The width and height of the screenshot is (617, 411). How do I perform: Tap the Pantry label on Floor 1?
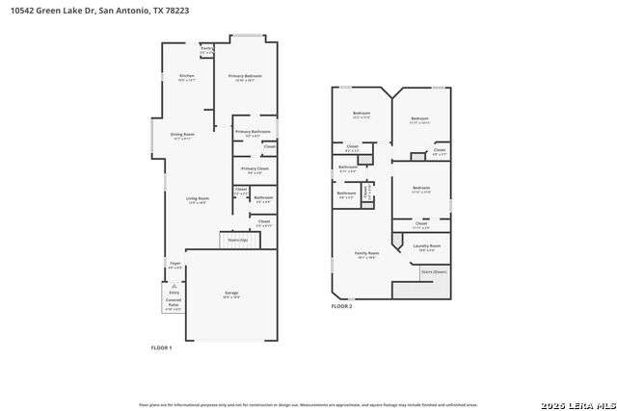tap(206, 48)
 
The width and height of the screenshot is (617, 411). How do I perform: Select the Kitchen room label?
tap(186, 77)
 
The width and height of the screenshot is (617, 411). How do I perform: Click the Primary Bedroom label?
tap(245, 77)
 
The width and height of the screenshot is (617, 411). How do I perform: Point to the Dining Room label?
tap(182, 136)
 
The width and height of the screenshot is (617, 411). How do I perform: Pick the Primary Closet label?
tap(254, 170)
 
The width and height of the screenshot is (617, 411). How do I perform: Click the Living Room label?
tap(197, 199)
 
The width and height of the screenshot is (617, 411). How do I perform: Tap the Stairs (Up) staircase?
tap(237, 240)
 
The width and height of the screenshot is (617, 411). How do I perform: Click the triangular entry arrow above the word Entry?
tap(174, 286)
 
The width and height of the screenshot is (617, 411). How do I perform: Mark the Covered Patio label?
tap(174, 305)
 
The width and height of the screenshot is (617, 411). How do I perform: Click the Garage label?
tap(231, 294)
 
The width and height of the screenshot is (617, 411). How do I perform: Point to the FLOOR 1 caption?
tap(161, 347)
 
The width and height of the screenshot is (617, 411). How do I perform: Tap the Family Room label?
tap(366, 254)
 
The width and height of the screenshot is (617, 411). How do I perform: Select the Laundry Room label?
tap(428, 247)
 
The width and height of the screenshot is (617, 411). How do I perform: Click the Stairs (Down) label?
tap(433, 271)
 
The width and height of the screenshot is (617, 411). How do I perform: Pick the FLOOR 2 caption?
tap(342, 306)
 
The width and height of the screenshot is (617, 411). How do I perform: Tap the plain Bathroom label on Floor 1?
tap(263, 198)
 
